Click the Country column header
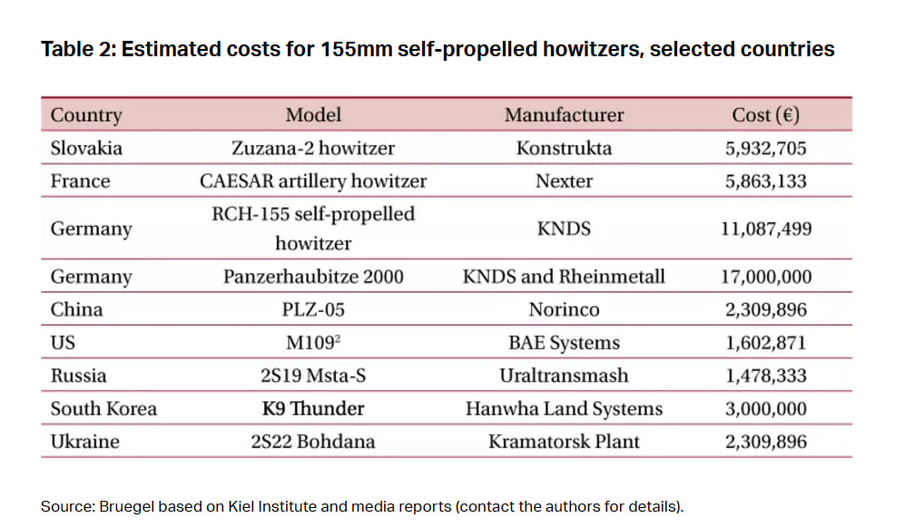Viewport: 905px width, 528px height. click(x=86, y=115)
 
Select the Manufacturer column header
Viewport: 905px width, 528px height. click(x=564, y=115)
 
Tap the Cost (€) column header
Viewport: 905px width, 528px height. click(x=765, y=115)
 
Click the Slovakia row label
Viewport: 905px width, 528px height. click(x=86, y=148)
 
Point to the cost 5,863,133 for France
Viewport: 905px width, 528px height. click(x=765, y=181)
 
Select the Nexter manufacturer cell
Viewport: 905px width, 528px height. click(x=564, y=181)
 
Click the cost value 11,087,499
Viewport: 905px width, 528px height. click(x=765, y=229)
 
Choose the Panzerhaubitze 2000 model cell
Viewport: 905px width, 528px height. click(x=313, y=277)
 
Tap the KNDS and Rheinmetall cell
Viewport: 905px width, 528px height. click(x=564, y=277)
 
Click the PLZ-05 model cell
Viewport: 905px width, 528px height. click(x=313, y=309)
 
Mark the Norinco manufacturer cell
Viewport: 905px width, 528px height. click(x=564, y=309)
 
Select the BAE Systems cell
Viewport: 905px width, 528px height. click(x=564, y=343)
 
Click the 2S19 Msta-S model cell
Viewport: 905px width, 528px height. click(x=313, y=376)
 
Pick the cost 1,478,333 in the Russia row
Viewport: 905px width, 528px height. click(x=765, y=376)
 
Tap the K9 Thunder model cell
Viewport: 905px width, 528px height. click(x=313, y=408)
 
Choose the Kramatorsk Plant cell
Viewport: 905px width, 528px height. click(x=564, y=442)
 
